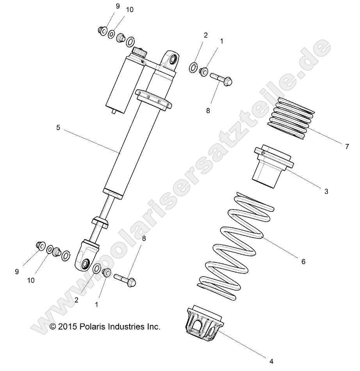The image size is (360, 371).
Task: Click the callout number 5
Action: coord(58,128)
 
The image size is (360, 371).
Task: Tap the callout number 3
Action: coord(326,191)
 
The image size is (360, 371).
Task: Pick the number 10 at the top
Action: coord(129,10)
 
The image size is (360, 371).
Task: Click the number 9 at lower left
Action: coord(17,272)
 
